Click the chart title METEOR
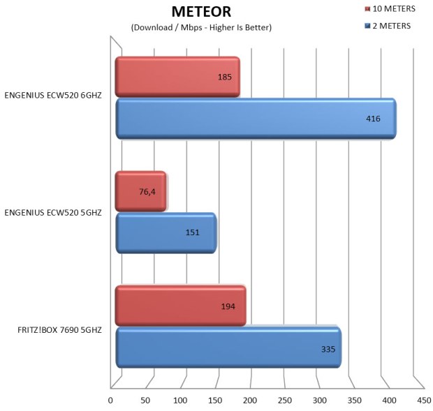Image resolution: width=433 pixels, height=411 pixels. [201, 12]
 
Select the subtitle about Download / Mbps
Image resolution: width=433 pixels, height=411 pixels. [201, 27]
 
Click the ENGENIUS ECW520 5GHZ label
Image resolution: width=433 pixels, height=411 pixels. [54, 212]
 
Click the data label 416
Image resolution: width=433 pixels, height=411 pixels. [373, 119]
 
